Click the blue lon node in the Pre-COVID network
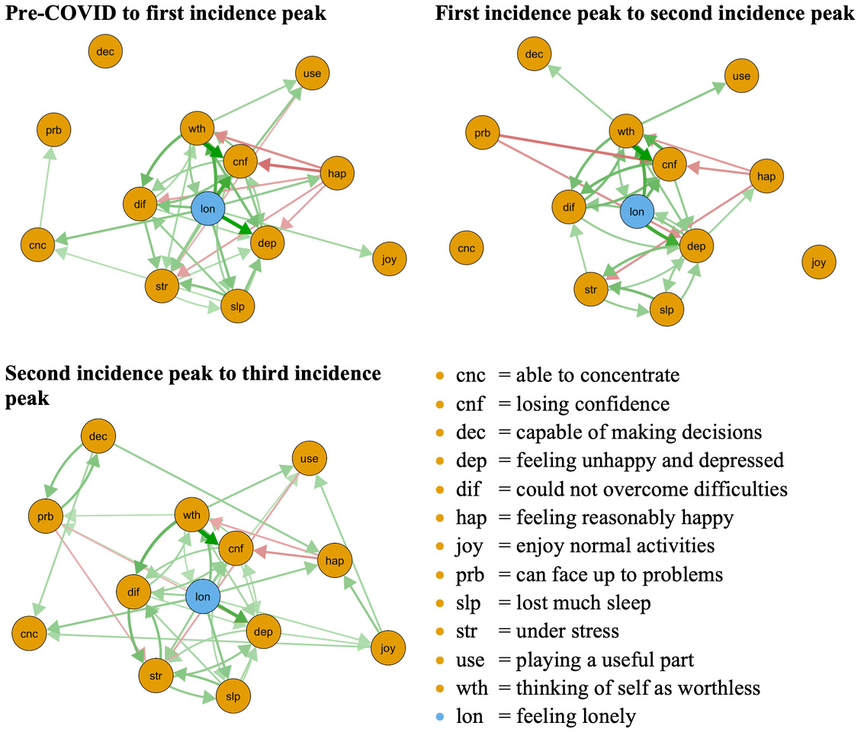tap(207, 208)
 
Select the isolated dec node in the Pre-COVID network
tap(105, 52)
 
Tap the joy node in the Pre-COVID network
tap(389, 259)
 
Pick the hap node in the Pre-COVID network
tap(336, 174)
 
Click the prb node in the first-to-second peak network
tap(482, 133)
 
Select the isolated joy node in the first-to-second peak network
tap(818, 262)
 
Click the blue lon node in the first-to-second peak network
tap(637, 212)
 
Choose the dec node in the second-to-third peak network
tap(98, 437)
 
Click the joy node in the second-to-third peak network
tap(387, 649)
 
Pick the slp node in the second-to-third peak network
tap(233, 695)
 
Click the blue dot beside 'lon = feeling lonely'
tap(439, 717)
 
